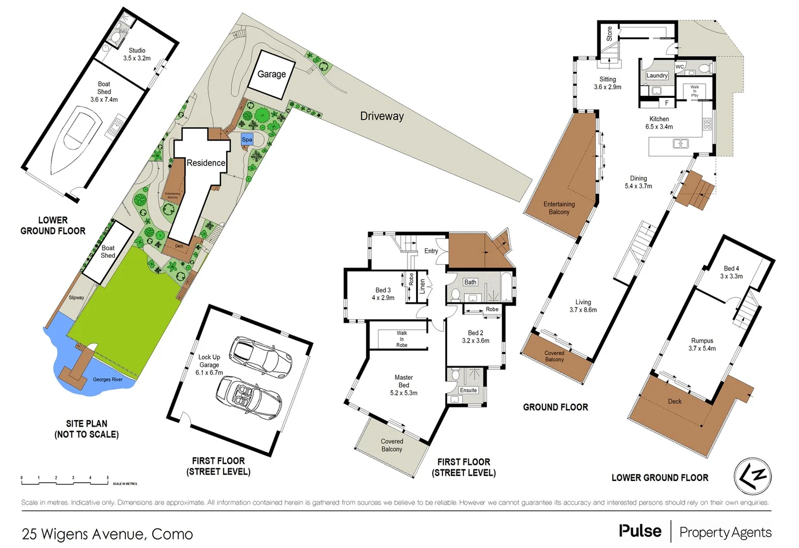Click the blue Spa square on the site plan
[x=247, y=140]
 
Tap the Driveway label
[x=381, y=116]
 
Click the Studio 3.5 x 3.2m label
[x=137, y=54]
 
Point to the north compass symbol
[x=752, y=476]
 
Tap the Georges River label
[x=108, y=380]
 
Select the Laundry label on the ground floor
[x=657, y=76]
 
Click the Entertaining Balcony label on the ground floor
[x=559, y=208]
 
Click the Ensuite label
[x=468, y=390]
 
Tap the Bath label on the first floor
[x=470, y=282]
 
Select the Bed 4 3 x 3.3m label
[x=731, y=272]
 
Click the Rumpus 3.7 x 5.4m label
[x=702, y=345]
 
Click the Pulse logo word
[x=640, y=531]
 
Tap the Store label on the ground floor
[x=609, y=33]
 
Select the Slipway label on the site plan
[x=77, y=298]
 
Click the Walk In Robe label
[x=402, y=339]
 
